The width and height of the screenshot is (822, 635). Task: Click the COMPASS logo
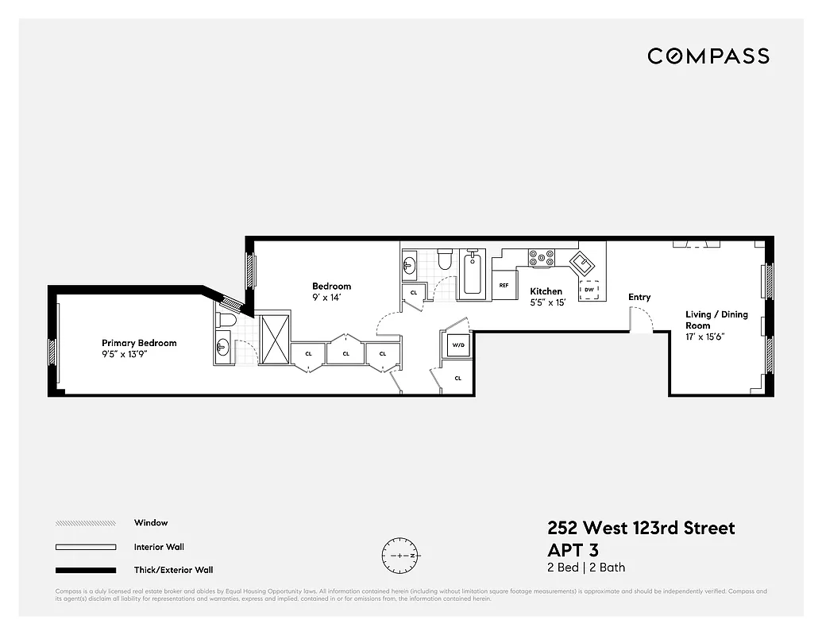(708, 56)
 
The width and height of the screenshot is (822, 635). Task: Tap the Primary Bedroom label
(139, 343)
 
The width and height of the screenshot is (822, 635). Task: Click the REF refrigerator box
(504, 285)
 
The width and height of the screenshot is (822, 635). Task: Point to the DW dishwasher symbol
(589, 290)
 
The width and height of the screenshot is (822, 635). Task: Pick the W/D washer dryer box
(457, 346)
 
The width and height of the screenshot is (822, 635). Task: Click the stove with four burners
(542, 257)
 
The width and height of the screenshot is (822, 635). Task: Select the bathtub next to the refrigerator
(472, 274)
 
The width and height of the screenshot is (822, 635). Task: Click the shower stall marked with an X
(275, 339)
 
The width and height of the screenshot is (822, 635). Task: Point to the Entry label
(639, 297)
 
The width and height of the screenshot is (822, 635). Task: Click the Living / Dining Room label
(716, 320)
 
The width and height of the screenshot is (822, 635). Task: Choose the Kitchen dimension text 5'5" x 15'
(547, 302)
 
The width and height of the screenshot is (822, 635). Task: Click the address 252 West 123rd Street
(641, 528)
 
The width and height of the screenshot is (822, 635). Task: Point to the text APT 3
(573, 550)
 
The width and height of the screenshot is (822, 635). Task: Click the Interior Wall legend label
(159, 547)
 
